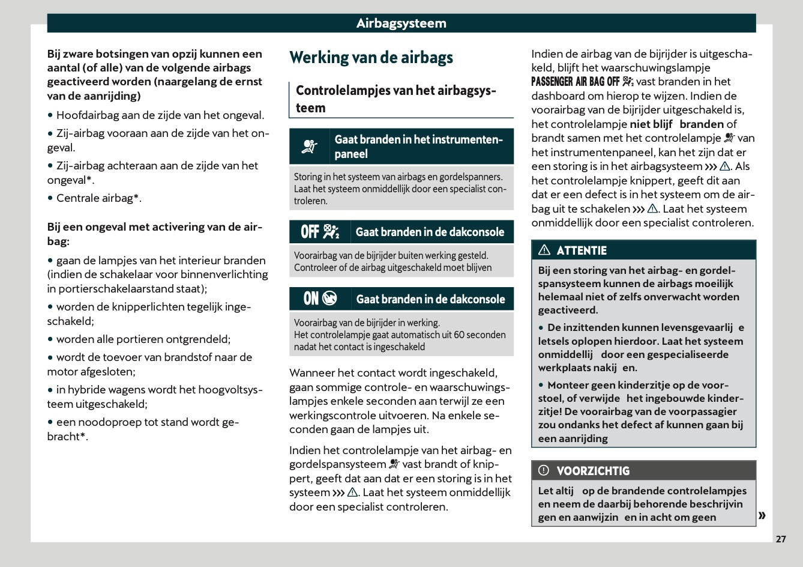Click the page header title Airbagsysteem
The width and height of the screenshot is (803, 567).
click(x=401, y=23)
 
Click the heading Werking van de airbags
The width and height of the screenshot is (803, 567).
click(x=371, y=58)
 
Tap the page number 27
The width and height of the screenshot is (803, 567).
click(x=780, y=539)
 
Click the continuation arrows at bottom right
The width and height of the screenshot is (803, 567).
click(x=762, y=515)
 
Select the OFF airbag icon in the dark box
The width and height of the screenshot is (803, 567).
click(x=320, y=232)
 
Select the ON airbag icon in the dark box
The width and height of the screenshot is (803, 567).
click(x=320, y=299)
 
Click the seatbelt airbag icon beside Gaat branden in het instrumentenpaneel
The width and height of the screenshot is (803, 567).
click(x=310, y=147)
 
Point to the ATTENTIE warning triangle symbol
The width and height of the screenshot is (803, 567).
click(x=544, y=250)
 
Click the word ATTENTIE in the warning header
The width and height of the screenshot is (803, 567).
click(x=581, y=250)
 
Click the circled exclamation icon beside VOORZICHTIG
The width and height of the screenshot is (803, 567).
click(x=544, y=470)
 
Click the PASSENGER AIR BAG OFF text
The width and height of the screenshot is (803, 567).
click(x=575, y=82)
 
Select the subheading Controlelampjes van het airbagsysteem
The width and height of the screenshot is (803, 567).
click(x=395, y=99)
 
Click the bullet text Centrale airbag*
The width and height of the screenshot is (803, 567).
click(x=98, y=198)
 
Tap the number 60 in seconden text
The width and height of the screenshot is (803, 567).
click(x=459, y=335)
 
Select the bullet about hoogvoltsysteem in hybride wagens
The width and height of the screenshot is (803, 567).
click(x=155, y=396)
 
